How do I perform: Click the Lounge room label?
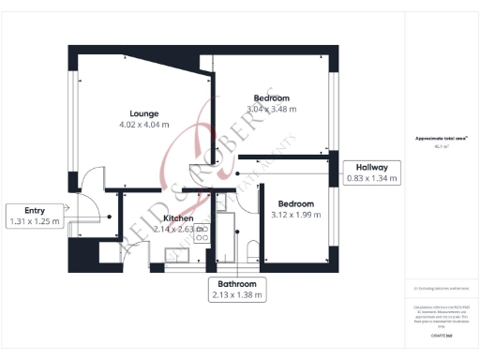click(x=143, y=113)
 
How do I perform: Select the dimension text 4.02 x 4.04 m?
click(x=143, y=125)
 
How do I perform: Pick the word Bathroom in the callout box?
click(x=237, y=283)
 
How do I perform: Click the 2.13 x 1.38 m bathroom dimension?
click(x=237, y=295)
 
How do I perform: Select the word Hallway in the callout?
click(x=372, y=167)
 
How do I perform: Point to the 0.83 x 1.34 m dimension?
click(x=372, y=178)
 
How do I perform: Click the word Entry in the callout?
click(x=34, y=211)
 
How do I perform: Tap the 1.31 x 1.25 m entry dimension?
click(x=34, y=222)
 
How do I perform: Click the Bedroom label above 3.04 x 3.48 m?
click(x=271, y=98)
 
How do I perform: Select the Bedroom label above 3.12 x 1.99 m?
click(x=294, y=203)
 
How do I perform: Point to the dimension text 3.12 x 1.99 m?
click(x=294, y=215)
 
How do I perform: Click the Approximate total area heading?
click(x=442, y=139)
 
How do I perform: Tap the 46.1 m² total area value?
click(x=442, y=146)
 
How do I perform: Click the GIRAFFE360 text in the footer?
click(x=442, y=335)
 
